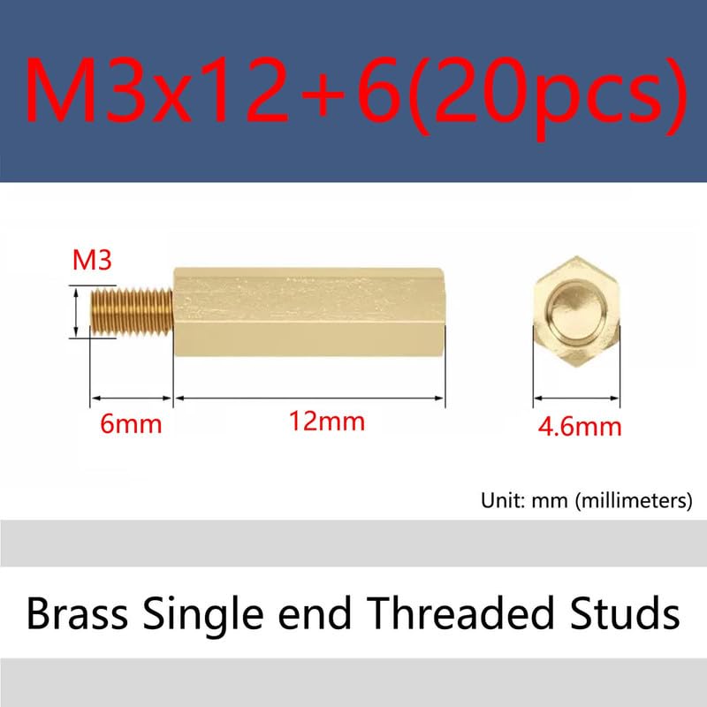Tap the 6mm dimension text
click(131, 424)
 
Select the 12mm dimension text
click(326, 422)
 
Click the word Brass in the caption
click(74, 612)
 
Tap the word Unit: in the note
click(504, 502)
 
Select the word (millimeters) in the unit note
click(633, 502)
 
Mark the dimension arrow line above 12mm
click(308, 399)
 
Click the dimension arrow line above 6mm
click(130, 399)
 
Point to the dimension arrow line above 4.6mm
click(577, 399)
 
